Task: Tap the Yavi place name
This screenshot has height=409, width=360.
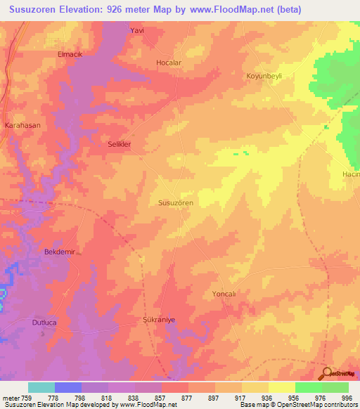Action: click(137, 31)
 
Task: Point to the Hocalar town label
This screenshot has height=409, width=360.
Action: click(169, 63)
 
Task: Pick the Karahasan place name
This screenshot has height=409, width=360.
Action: click(22, 125)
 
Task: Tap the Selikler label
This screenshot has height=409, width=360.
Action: click(120, 144)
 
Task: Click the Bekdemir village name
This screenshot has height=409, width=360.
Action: click(59, 251)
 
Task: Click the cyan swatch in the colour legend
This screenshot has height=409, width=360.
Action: click(41, 387)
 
